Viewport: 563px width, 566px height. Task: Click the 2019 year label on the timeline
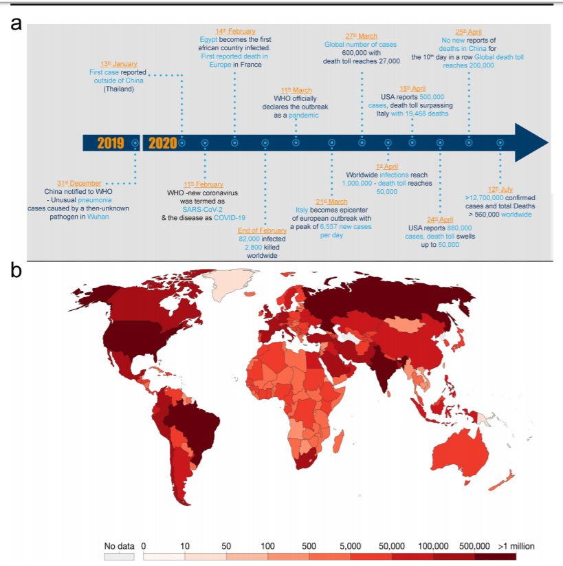pos(110,143)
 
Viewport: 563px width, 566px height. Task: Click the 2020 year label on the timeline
pos(162,143)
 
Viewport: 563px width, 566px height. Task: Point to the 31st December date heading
pos(81,183)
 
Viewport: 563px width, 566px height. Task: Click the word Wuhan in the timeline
pos(97,216)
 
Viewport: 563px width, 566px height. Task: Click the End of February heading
pos(263,230)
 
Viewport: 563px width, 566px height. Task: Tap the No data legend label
pos(120,546)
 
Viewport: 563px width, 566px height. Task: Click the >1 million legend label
pos(516,546)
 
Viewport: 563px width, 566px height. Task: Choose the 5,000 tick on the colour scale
pos(351,546)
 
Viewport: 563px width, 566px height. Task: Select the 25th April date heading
pos(470,32)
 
